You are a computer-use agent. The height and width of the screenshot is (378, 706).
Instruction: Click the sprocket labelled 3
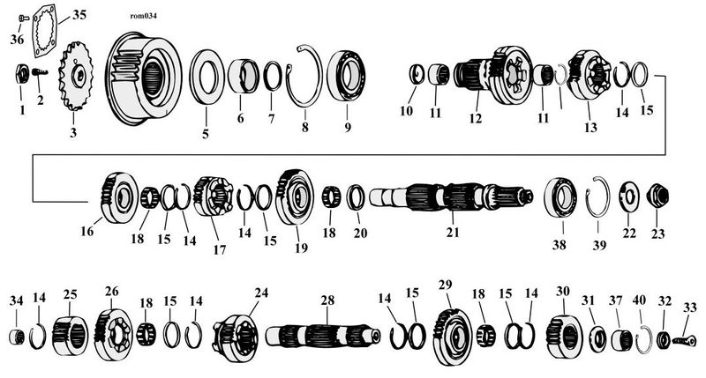pos(75,76)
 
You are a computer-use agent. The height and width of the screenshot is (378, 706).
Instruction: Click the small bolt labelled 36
pos(24,19)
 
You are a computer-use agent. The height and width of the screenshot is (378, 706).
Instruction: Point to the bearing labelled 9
pos(346,76)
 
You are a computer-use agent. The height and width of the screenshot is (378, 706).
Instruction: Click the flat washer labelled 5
pos(207,76)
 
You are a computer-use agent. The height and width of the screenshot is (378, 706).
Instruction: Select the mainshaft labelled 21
pos(451,197)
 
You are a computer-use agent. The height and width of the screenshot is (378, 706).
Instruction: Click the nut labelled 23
pos(657,196)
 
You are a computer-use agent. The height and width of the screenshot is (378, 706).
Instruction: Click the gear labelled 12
pos(493,75)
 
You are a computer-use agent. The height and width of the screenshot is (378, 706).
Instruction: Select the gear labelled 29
pos(452,337)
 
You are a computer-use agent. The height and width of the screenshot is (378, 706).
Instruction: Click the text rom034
pos(143,16)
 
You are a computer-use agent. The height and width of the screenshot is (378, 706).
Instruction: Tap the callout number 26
pos(112,292)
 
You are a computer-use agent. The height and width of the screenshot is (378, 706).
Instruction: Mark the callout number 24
pos(261,293)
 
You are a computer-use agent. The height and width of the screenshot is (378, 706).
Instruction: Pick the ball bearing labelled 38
pos(560,197)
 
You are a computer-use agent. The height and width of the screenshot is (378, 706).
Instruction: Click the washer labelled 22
pos(628,196)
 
